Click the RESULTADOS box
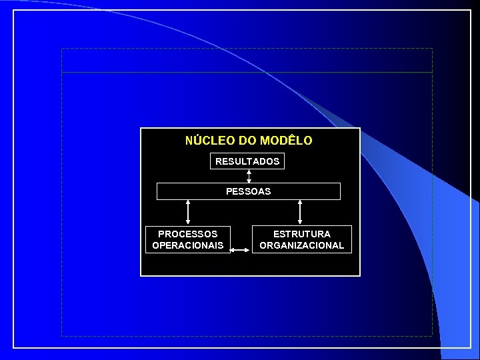pos(247,161)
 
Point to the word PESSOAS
pos(248,191)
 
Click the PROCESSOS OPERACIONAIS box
pos(187,240)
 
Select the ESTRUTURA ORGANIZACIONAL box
pos(301,240)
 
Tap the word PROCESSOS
pos(187,234)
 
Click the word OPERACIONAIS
pos(187,245)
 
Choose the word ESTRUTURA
pos(301,234)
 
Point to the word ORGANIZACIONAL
pos(301,245)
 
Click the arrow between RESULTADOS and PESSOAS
pos(249,176)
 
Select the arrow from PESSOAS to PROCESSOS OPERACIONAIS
pos(188,211)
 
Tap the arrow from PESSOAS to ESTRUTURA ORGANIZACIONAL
pos(300,211)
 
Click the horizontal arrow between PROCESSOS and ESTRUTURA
pos(241,251)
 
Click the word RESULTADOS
pos(247,161)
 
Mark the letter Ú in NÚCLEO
pos(198,141)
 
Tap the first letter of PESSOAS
pos(229,191)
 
